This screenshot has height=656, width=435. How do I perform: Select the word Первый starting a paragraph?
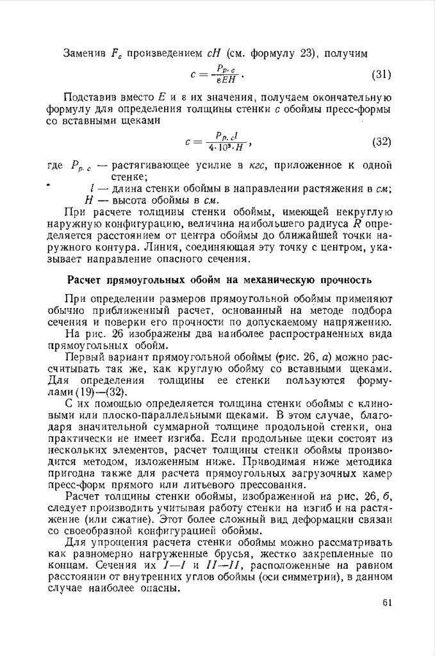pyautogui.click(x=85, y=356)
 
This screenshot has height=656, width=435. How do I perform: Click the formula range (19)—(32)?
pyautogui.click(x=101, y=391)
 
